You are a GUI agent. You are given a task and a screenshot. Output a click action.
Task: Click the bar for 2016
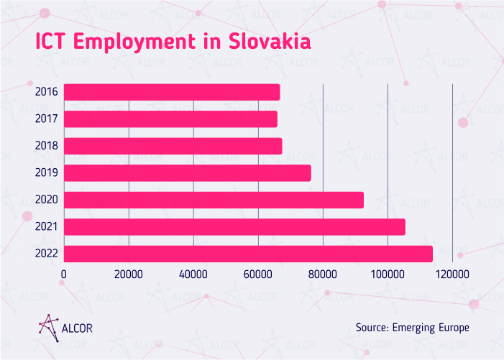pos(172,92)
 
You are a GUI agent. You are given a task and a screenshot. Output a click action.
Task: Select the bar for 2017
pos(170,119)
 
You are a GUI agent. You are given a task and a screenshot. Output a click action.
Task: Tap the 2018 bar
pos(173,146)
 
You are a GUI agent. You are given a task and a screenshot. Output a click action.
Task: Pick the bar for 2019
pos(187,173)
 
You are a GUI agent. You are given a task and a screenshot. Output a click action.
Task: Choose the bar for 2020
pos(214,200)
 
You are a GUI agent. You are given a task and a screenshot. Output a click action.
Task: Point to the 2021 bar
pos(234,227)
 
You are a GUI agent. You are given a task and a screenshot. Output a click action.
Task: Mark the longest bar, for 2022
pos(248,254)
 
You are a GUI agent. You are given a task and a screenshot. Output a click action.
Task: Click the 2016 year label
pos(47,92)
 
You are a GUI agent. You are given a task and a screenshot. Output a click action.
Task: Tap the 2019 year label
pos(47,173)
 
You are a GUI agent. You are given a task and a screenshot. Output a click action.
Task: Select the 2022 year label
pos(47,254)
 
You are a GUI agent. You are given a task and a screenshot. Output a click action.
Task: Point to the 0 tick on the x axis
pos(64,274)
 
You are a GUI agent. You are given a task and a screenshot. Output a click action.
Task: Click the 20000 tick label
pos(129,274)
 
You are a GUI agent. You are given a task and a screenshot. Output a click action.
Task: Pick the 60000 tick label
pos(258,274)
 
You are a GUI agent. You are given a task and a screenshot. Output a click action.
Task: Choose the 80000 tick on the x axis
pos(323,274)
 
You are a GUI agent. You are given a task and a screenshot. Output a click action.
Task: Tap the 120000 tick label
pos(452,274)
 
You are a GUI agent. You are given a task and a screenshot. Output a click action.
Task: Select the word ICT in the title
pos(52,42)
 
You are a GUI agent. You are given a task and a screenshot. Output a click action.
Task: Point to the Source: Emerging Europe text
pos(412,328)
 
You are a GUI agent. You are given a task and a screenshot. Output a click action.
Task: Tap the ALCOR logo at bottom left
pos(65,327)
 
